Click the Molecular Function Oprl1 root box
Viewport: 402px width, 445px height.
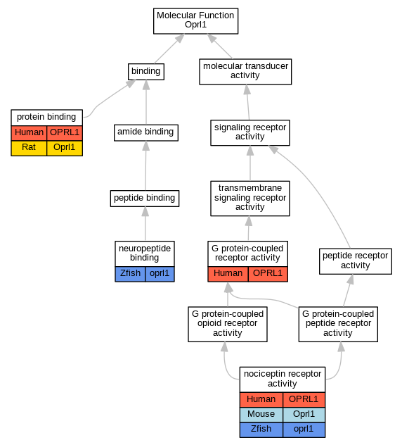point(195,21)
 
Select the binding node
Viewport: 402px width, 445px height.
point(146,72)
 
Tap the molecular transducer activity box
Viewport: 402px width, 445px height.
point(245,72)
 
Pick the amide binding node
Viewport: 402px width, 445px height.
point(146,132)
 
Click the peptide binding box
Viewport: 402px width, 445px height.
point(145,199)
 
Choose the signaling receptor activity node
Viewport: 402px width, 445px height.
point(250,132)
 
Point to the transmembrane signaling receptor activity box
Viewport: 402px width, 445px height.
point(250,199)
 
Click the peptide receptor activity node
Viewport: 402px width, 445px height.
point(355,261)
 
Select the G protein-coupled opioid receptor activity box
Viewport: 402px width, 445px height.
point(228,324)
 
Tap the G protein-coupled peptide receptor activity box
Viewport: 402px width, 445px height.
point(338,324)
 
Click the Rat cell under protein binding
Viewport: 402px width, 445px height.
point(29,148)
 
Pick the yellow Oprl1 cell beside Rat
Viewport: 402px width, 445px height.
point(65,148)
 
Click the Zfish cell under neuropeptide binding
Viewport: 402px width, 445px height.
point(130,274)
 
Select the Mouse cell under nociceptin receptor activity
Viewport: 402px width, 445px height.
point(261,415)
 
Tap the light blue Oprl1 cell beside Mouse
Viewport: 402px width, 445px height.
point(304,415)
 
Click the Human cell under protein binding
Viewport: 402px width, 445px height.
point(29,133)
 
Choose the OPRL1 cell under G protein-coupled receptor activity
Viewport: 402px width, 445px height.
point(268,274)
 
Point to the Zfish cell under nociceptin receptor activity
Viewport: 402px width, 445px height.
point(261,430)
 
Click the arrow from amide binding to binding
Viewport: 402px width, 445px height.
point(146,102)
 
